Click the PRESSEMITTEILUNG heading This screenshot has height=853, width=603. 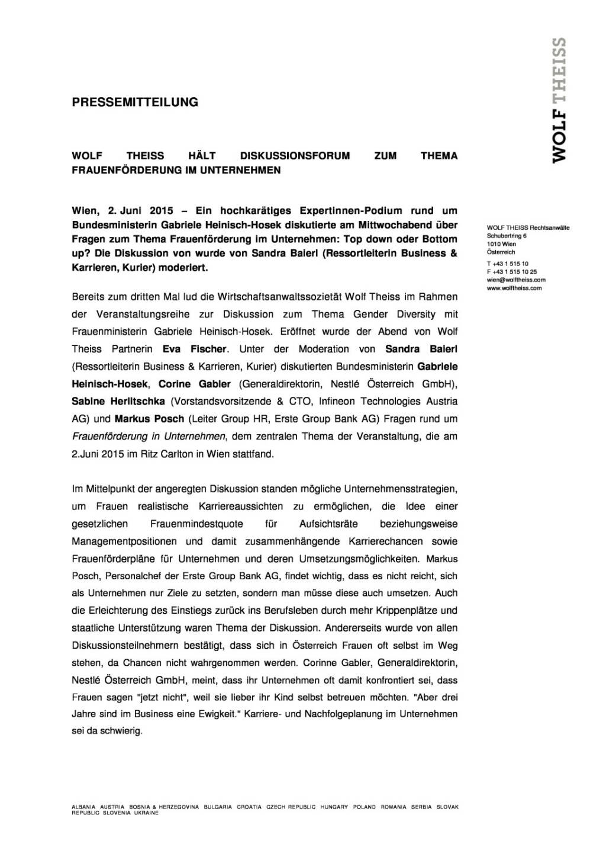point(135,102)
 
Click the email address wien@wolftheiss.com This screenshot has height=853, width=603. point(515,280)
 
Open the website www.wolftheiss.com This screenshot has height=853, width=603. point(514,288)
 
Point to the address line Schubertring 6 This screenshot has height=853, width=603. point(507,236)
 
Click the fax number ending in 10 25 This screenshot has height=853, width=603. point(511,271)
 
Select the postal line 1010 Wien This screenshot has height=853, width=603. point(501,243)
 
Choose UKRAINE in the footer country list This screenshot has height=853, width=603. point(147,813)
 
